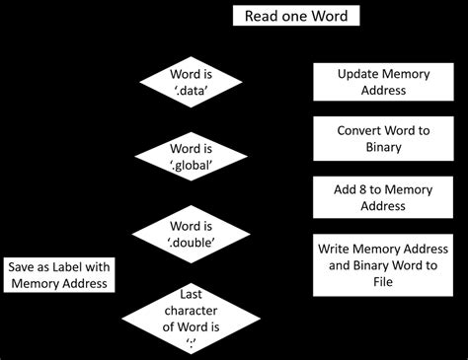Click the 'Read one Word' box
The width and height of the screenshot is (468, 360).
click(x=295, y=17)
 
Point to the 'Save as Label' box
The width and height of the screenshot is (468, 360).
click(x=60, y=275)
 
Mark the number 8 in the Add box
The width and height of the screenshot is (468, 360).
click(x=367, y=188)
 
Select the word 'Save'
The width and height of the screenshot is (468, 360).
click(x=25, y=267)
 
